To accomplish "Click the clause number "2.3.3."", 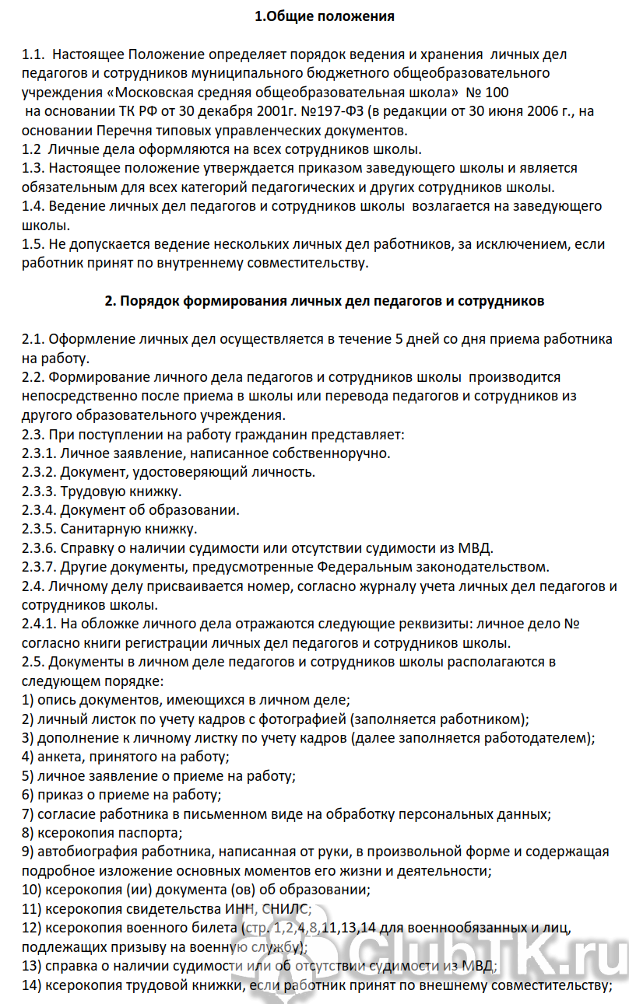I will (x=40, y=492).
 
